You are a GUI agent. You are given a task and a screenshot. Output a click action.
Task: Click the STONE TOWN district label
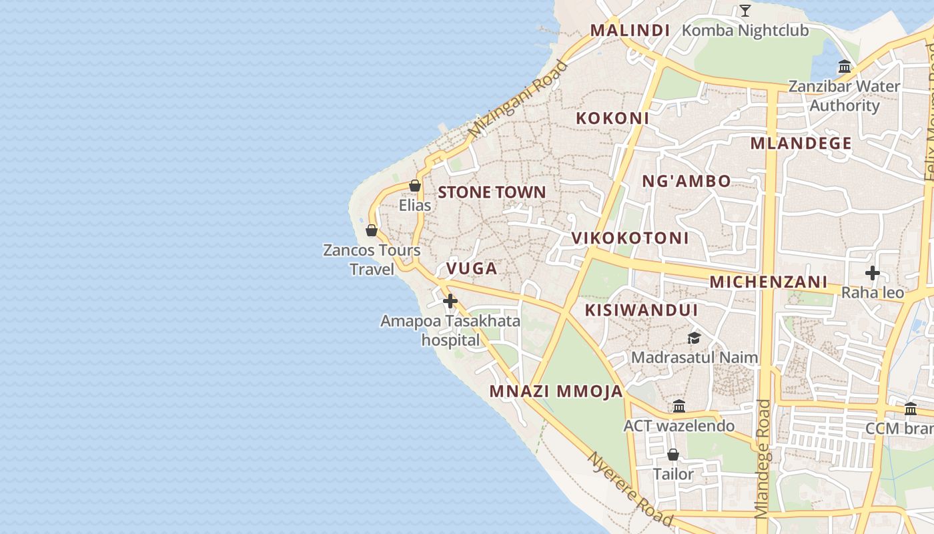[x=492, y=192]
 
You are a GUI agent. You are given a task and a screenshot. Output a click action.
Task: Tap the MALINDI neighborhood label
[x=630, y=30]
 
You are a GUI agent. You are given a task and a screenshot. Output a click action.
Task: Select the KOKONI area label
[x=612, y=118]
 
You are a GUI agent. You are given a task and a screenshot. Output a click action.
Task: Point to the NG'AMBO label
[x=686, y=181]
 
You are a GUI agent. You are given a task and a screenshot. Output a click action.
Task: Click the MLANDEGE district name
[x=801, y=144]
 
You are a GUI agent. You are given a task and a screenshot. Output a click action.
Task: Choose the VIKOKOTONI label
[x=630, y=238]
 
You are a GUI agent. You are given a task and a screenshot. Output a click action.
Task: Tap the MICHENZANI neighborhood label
[x=768, y=282]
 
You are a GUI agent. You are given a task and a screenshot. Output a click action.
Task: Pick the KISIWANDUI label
[x=641, y=310]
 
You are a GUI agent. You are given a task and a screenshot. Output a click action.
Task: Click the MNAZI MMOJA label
[x=556, y=391]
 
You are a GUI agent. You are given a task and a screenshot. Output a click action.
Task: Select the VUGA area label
[x=472, y=268]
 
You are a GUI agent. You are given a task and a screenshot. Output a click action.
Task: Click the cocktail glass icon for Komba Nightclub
[x=745, y=11]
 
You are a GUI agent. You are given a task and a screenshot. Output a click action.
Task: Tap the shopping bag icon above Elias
[x=415, y=186]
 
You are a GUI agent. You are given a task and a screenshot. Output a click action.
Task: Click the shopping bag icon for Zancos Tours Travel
[x=372, y=230]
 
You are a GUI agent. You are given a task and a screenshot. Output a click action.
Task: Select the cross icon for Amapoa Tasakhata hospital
[x=450, y=301]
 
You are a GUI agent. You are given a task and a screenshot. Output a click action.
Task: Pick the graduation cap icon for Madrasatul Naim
[x=694, y=338]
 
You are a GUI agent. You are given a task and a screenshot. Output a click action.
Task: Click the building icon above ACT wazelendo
[x=679, y=406]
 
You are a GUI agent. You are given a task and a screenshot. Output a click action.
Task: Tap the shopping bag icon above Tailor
[x=673, y=455]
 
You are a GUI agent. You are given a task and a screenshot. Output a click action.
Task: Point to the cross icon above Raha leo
[x=872, y=273]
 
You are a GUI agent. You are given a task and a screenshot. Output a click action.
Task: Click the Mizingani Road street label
[x=518, y=99]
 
